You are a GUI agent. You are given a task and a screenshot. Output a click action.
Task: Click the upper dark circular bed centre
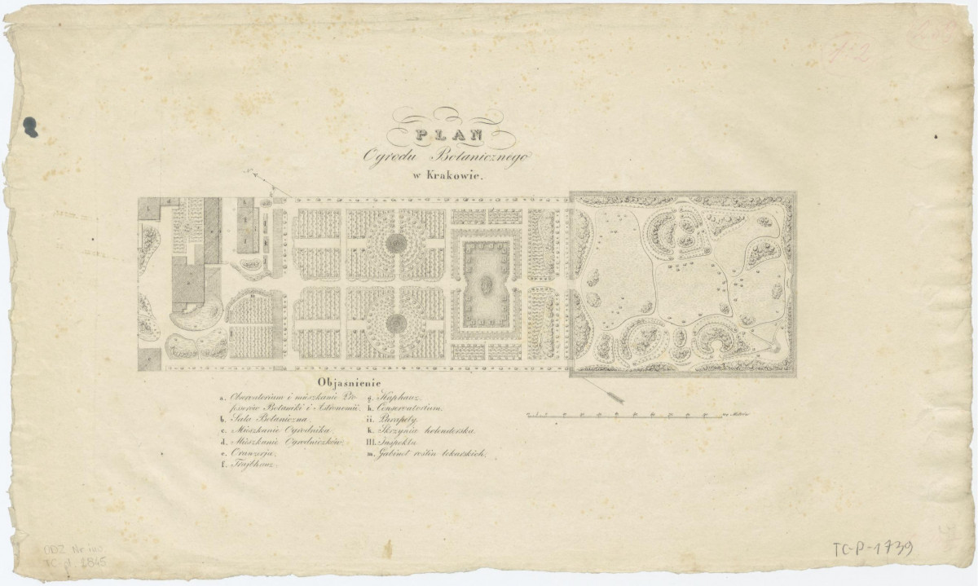tap(395, 242)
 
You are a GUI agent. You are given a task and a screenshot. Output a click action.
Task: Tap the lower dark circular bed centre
tap(395, 322)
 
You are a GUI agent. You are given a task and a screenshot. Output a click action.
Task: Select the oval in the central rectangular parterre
tap(486, 285)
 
